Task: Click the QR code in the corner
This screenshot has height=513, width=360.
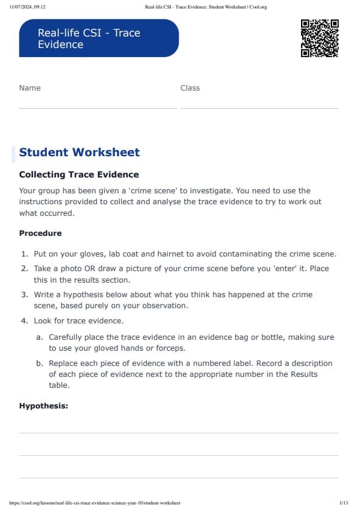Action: click(319, 38)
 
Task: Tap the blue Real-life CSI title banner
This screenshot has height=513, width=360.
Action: click(99, 38)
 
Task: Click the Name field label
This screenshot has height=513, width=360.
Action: click(30, 88)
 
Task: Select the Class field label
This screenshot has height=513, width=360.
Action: click(190, 88)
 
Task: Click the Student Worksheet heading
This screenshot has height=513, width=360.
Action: click(79, 153)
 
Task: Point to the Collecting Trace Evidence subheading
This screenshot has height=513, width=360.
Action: click(79, 174)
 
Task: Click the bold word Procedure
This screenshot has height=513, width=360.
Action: click(40, 233)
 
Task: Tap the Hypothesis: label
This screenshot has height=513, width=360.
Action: click(43, 406)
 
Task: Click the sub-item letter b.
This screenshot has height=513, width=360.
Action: click(39, 363)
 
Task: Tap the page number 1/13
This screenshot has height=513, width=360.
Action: click(344, 503)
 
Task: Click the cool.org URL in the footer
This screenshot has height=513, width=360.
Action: click(95, 503)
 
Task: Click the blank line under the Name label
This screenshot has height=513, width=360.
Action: click(97, 108)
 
